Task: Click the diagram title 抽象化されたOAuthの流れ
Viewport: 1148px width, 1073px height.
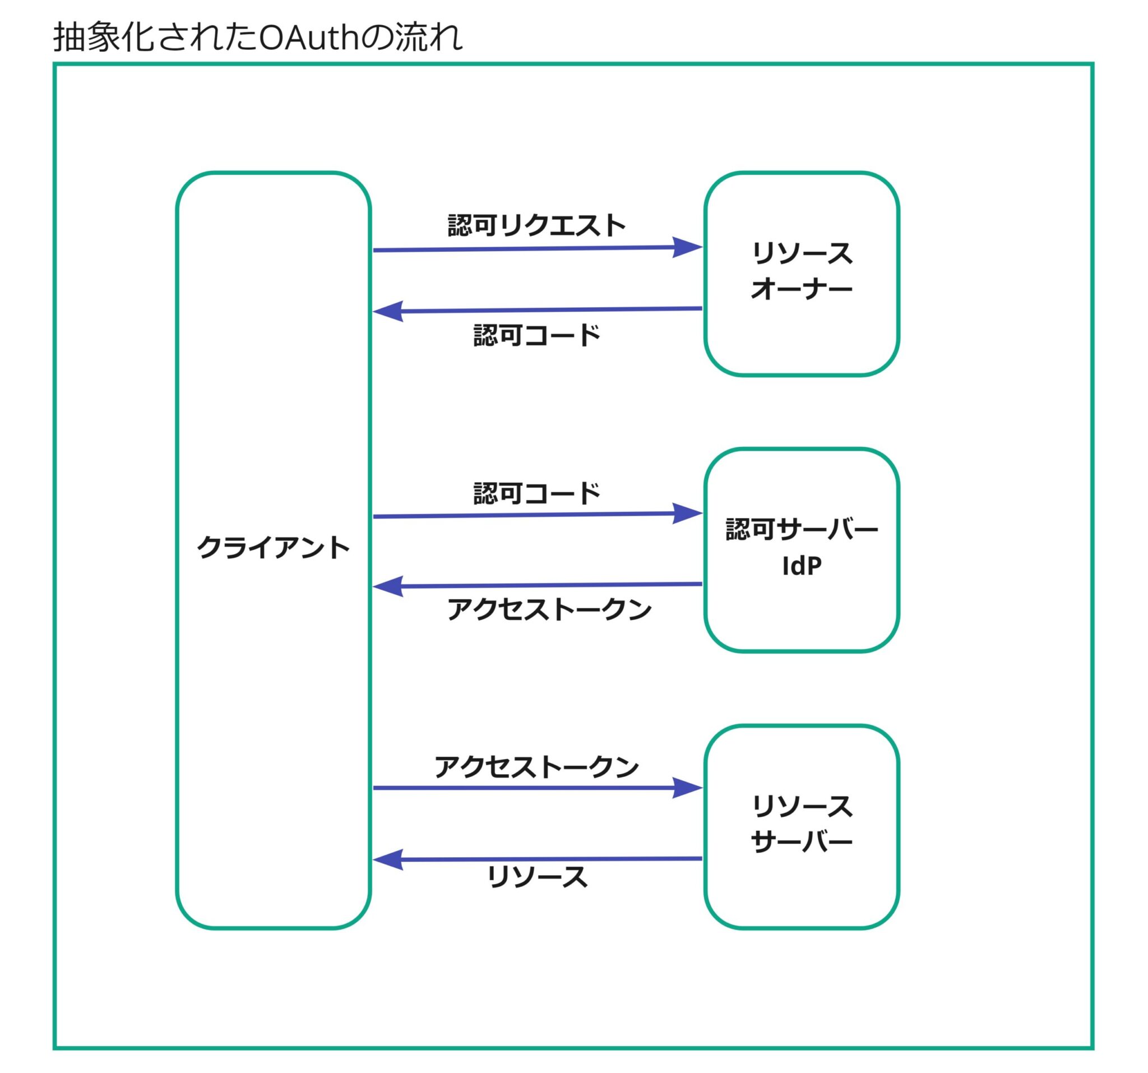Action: (x=257, y=38)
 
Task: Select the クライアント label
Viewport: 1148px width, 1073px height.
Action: (x=273, y=548)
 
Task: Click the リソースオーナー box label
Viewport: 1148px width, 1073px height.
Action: (x=802, y=271)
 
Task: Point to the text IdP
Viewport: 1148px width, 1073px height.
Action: (x=802, y=566)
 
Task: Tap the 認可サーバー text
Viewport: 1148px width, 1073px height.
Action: (x=802, y=529)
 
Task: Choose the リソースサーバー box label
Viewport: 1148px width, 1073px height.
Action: (x=802, y=824)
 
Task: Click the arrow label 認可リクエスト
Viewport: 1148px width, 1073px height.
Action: (x=536, y=225)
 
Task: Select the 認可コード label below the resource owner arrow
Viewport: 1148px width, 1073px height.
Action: (x=536, y=335)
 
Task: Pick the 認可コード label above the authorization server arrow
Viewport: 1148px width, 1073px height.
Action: (x=536, y=493)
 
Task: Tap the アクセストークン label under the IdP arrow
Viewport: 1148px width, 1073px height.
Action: (x=549, y=609)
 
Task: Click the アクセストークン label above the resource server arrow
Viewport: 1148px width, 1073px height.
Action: (x=536, y=767)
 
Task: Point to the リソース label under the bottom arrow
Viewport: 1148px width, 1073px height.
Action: (x=536, y=877)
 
